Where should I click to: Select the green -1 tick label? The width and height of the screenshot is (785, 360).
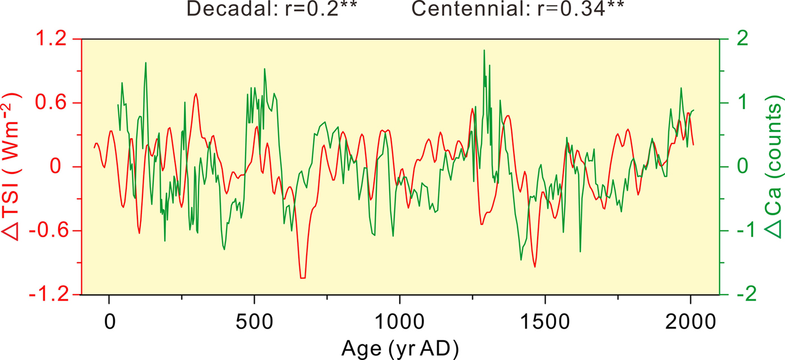738,231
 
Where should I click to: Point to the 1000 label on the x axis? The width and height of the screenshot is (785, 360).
399,324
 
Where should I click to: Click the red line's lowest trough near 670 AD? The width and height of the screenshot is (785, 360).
303,277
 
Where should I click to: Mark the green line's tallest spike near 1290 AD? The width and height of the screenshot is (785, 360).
484,50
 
